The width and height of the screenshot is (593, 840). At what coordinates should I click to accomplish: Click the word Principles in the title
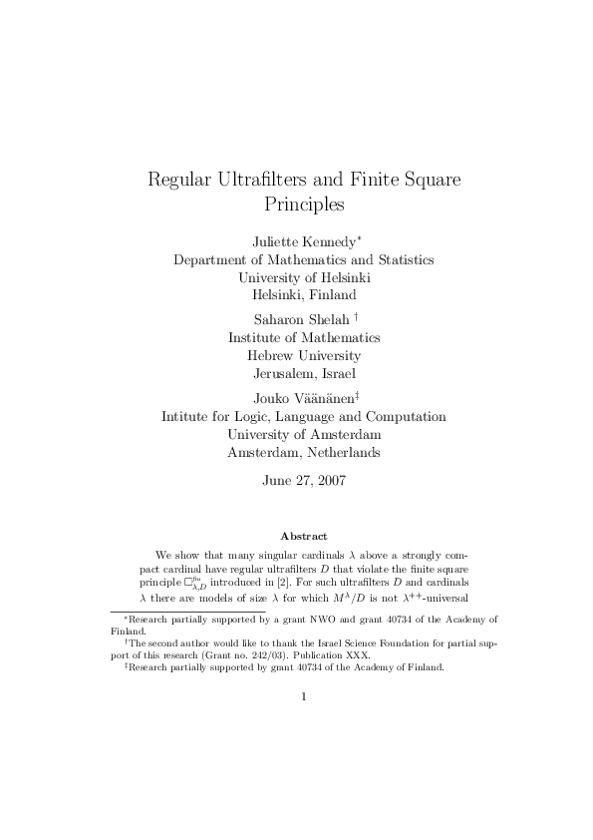point(304,206)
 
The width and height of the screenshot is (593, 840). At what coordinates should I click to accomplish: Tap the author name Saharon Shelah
point(297,319)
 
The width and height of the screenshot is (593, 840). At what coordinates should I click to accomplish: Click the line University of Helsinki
point(304,276)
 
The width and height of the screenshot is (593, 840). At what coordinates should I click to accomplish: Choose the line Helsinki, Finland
point(304,294)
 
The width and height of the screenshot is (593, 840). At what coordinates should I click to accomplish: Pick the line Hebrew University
point(304,355)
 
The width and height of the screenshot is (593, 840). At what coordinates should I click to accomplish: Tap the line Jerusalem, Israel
point(304,373)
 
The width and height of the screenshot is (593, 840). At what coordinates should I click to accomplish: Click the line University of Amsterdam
point(304,434)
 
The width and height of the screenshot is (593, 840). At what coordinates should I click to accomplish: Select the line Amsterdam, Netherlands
point(304,452)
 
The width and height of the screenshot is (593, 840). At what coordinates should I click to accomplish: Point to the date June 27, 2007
point(304,480)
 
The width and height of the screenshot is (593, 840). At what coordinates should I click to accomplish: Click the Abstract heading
point(304,536)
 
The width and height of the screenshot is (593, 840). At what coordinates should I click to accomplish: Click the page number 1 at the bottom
point(303,696)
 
